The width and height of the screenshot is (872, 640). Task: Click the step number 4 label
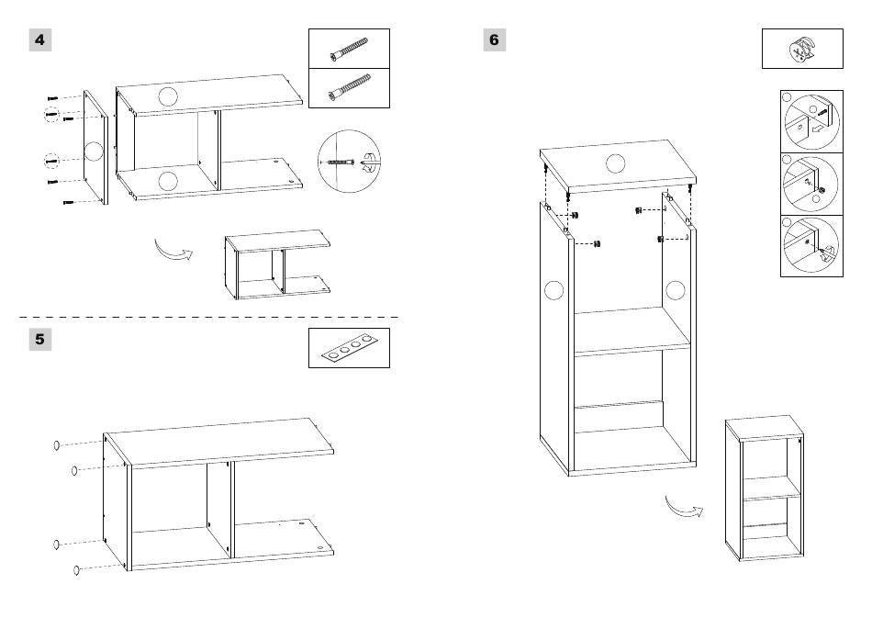coord(40,40)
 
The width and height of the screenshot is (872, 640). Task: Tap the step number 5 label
coord(40,340)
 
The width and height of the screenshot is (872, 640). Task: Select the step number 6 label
coord(495,40)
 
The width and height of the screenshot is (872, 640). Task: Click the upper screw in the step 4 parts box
coord(349,49)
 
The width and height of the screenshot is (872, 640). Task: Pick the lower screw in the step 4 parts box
coord(349,88)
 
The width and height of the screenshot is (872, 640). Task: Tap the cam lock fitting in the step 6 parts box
coord(801,49)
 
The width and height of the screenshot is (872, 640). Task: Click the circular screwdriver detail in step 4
coord(349,162)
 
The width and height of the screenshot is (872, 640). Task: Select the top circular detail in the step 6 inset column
coord(811,122)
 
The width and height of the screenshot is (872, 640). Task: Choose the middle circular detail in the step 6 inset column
coord(811,185)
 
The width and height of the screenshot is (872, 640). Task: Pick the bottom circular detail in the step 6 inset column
coord(811,245)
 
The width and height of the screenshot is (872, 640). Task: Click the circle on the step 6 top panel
coord(616,163)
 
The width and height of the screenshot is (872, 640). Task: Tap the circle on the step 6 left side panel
coord(553,290)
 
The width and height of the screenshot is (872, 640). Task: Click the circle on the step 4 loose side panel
coord(94,152)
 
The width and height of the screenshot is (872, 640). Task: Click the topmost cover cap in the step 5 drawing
coord(56,445)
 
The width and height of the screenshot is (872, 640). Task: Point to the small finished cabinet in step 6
coord(765,488)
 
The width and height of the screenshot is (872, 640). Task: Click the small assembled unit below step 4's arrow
coord(277,264)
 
